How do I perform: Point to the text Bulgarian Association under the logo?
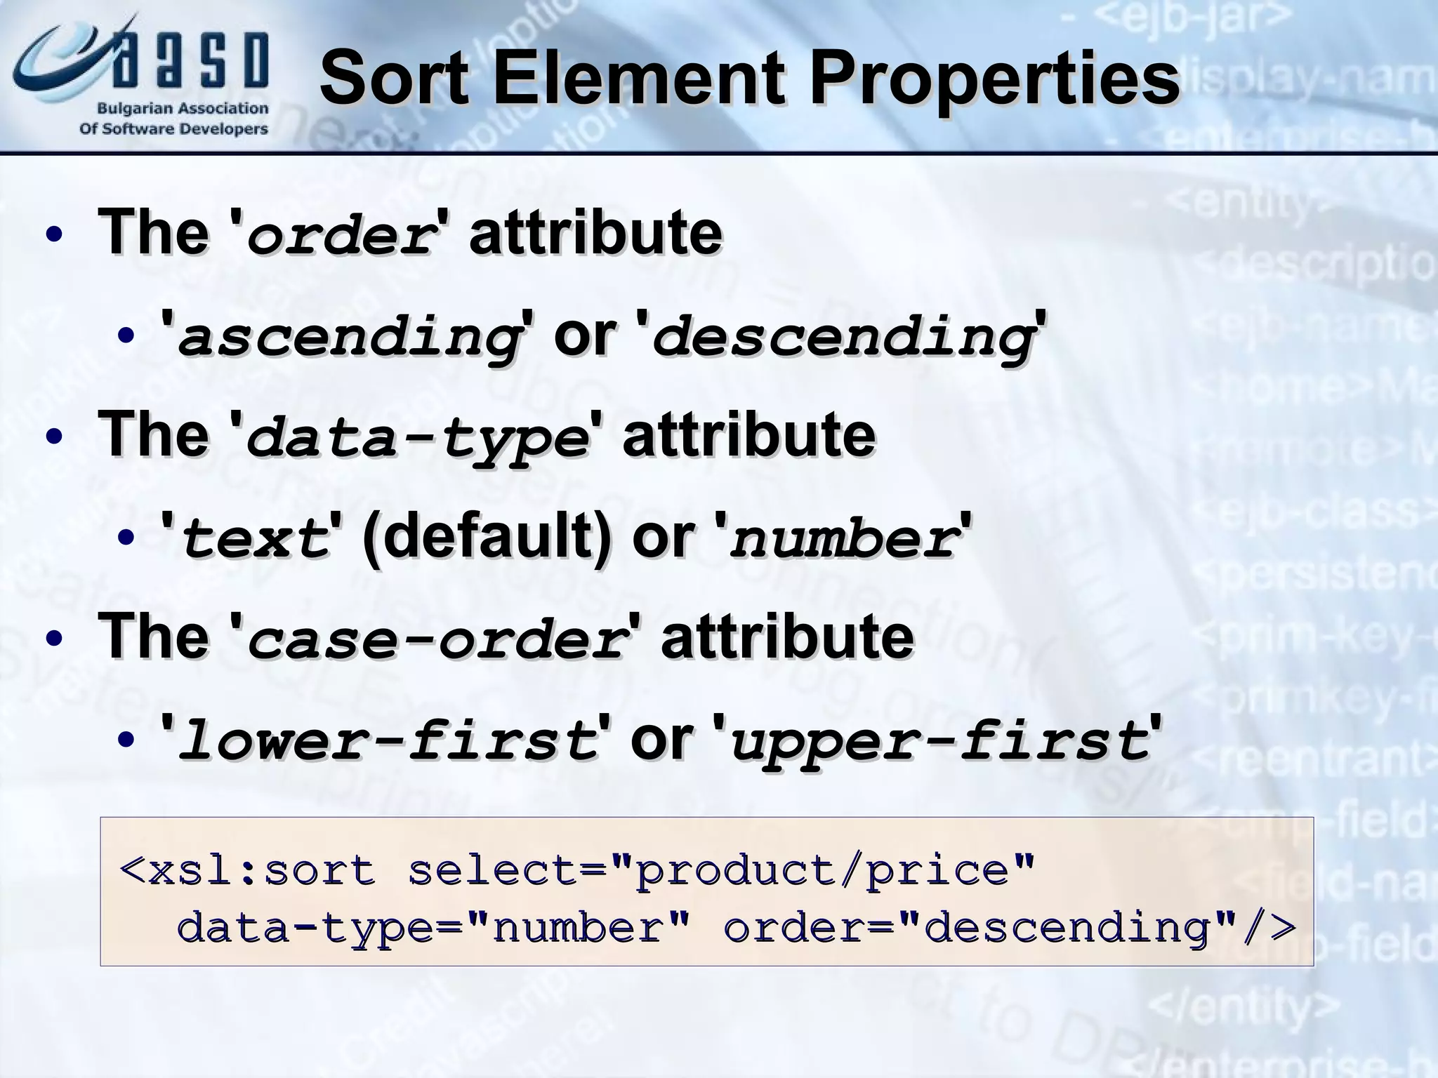[x=183, y=109]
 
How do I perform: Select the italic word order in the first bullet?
[x=340, y=236]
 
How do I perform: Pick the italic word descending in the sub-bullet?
[x=842, y=338]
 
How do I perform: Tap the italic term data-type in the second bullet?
[x=417, y=439]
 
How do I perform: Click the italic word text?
[x=255, y=540]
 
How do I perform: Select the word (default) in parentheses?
[x=486, y=538]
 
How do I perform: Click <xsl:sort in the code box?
[x=248, y=871]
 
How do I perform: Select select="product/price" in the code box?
[x=720, y=871]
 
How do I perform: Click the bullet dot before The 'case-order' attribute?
[x=54, y=640]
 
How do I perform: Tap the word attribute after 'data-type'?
[x=748, y=435]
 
